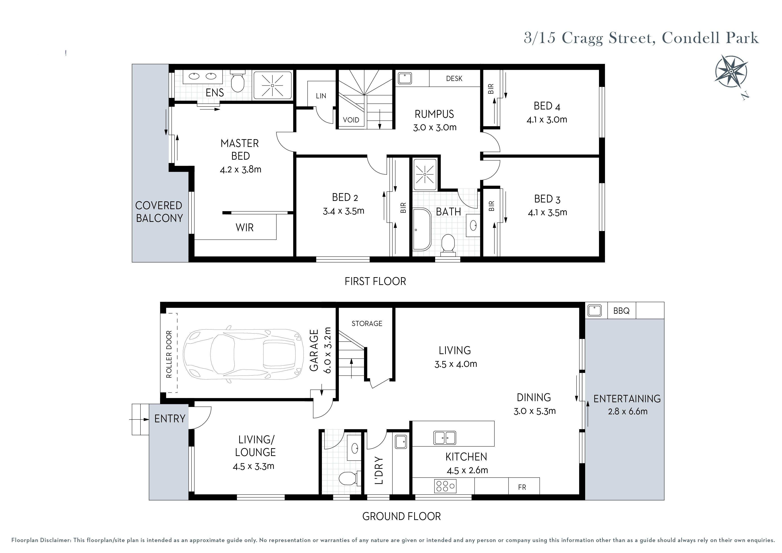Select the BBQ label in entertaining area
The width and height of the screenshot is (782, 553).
(621, 311)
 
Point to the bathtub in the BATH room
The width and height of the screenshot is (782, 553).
(422, 229)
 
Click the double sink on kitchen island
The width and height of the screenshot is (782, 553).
(445, 438)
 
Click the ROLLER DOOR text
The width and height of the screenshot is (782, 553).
(169, 354)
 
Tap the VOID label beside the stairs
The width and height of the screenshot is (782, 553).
(351, 120)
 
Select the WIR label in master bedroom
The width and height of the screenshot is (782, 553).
(245, 228)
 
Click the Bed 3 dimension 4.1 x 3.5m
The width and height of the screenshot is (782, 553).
(547, 213)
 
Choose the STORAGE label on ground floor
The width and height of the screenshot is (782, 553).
(367, 323)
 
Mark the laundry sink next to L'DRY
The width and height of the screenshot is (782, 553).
(401, 442)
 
